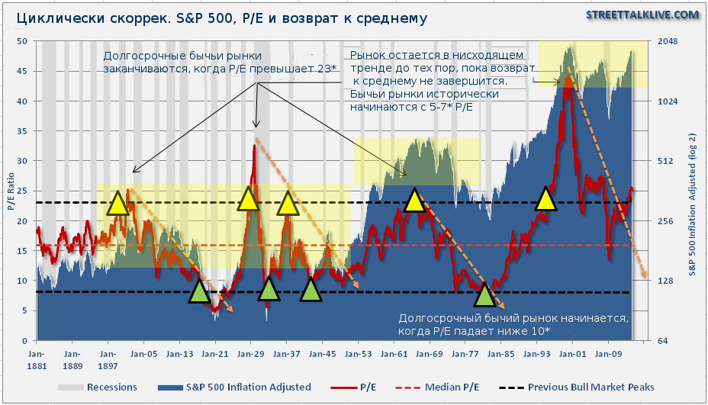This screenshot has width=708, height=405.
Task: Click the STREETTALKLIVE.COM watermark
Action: (642, 14)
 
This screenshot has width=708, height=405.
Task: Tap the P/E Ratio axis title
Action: (10, 191)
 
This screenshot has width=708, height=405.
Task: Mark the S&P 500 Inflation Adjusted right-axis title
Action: (693, 191)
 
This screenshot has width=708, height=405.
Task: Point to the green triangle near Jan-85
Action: (484, 296)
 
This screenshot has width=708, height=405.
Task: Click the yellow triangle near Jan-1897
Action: (117, 203)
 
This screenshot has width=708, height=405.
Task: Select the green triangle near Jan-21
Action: (199, 291)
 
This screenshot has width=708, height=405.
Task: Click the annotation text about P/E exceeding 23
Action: (220, 63)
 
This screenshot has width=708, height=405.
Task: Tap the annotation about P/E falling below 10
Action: (513, 325)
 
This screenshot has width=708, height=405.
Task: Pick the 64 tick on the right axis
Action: (664, 340)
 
